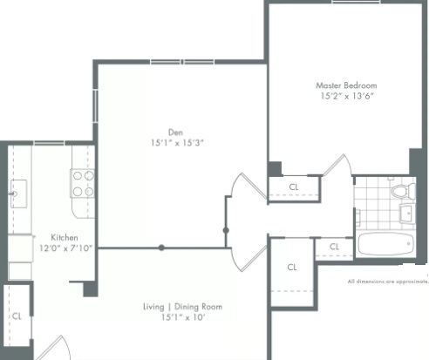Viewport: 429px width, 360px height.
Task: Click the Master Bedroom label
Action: (x=346, y=85)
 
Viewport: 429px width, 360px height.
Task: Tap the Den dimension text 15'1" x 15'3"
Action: (x=177, y=143)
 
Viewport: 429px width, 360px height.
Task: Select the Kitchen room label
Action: (x=65, y=237)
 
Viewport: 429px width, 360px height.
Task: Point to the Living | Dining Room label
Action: (x=182, y=307)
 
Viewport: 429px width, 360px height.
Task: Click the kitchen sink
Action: (x=18, y=194)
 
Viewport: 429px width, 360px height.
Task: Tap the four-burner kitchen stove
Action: (x=83, y=184)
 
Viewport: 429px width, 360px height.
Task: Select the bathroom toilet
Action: (x=404, y=191)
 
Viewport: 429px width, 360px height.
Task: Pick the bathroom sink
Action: (x=407, y=214)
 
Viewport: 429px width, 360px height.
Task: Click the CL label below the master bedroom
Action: (x=294, y=187)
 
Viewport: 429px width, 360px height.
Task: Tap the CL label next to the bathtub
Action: (x=334, y=247)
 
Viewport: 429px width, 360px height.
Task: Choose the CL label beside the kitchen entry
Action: (x=17, y=316)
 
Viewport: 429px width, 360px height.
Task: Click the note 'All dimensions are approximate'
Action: (x=388, y=282)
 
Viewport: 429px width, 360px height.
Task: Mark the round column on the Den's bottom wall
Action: (x=161, y=248)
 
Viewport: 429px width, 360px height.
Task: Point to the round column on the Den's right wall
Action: (x=226, y=230)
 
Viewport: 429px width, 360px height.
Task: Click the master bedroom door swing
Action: (x=337, y=165)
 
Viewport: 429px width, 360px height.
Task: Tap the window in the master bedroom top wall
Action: (x=356, y=2)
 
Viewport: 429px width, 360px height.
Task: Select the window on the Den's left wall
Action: (x=95, y=105)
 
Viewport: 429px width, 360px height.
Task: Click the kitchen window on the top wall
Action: (x=49, y=143)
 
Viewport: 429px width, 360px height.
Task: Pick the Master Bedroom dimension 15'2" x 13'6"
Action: (x=347, y=96)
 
